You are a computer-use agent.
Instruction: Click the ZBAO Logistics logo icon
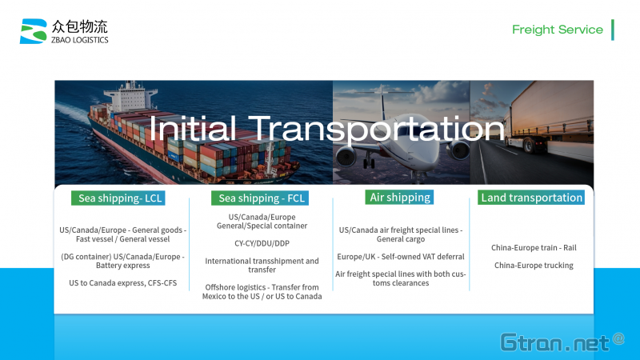pyautogui.click(x=34, y=31)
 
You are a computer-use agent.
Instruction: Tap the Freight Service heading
pyautogui.click(x=557, y=30)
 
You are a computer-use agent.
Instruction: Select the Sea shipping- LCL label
pyautogui.click(x=118, y=198)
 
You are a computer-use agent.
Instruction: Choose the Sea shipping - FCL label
pyautogui.click(x=260, y=198)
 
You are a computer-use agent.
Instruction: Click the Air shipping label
pyautogui.click(x=399, y=197)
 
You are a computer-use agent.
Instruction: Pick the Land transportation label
pyautogui.click(x=531, y=198)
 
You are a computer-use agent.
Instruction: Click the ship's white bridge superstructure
pyautogui.click(x=130, y=96)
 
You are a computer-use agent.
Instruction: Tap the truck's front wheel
pyautogui.click(x=529, y=145)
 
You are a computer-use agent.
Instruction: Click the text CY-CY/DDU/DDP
pyautogui.click(x=262, y=243)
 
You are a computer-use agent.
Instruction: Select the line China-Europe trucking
pyautogui.click(x=534, y=266)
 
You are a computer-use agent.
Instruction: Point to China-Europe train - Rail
pyautogui.click(x=534, y=248)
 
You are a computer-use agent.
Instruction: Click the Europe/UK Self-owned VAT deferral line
pyautogui.click(x=401, y=257)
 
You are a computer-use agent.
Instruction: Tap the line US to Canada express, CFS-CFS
pyautogui.click(x=123, y=283)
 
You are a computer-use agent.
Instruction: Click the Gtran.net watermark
pyautogui.click(x=562, y=342)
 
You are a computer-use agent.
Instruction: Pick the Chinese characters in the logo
pyautogui.click(x=79, y=26)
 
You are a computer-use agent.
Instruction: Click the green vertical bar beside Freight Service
pyautogui.click(x=613, y=30)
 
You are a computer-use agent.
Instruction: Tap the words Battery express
pyautogui.click(x=123, y=266)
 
